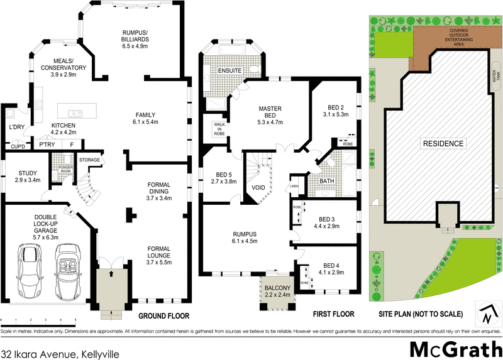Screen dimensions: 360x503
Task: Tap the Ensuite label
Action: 229,70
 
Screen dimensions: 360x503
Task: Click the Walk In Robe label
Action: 219,129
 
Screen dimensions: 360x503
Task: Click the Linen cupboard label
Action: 294,187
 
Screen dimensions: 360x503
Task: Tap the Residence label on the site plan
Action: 443,144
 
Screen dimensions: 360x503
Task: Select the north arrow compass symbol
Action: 487,312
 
